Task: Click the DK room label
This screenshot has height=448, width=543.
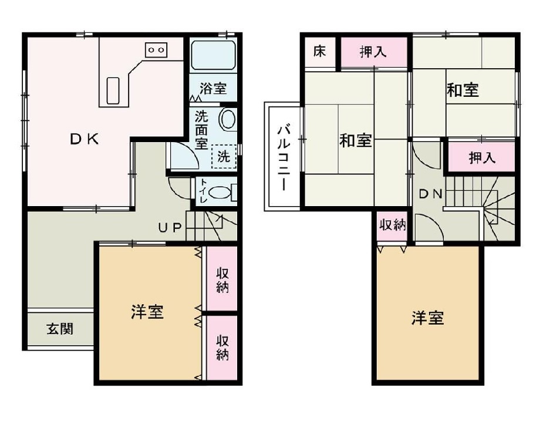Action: tap(85, 140)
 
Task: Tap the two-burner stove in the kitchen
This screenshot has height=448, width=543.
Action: tap(156, 50)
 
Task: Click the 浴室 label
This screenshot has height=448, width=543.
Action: tap(213, 89)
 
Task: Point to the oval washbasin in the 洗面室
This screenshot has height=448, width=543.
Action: tap(228, 119)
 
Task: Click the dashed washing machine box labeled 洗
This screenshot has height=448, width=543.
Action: tap(224, 156)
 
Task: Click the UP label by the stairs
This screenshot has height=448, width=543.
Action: tap(171, 228)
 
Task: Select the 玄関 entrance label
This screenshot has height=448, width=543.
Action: tap(60, 329)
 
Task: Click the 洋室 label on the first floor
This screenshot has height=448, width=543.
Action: tap(147, 312)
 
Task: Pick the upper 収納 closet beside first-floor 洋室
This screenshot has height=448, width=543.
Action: tap(222, 279)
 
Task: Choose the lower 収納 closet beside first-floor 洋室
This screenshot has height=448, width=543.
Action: tap(222, 347)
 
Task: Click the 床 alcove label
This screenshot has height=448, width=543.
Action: tap(319, 52)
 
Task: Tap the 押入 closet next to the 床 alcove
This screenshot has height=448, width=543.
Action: tap(373, 52)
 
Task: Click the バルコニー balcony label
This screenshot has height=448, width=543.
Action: tap(282, 157)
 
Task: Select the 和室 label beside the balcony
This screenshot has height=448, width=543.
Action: tap(355, 141)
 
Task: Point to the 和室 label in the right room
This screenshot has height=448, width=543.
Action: tap(463, 90)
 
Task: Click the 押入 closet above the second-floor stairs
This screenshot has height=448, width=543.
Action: tap(482, 157)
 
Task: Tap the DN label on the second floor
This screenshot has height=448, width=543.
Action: tap(430, 195)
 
